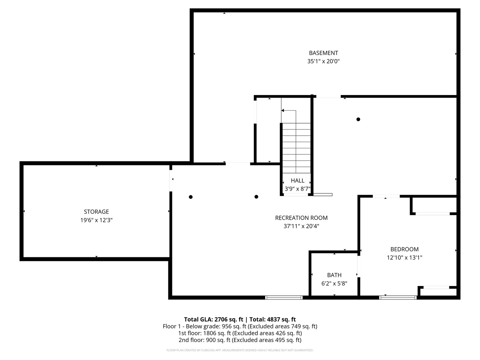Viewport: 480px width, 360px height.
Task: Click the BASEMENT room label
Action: tap(323, 53)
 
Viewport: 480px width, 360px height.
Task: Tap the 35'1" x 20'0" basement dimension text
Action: tap(323, 61)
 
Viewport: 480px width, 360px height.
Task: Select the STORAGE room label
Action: tap(96, 212)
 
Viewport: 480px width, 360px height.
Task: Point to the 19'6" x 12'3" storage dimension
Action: tap(96, 220)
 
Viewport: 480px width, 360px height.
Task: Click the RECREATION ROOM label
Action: tap(301, 218)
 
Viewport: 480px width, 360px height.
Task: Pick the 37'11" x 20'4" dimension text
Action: tap(301, 226)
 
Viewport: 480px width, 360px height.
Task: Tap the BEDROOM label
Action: tap(404, 249)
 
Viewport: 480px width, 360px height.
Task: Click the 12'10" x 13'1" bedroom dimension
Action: tap(404, 257)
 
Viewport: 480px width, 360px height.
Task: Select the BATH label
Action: tap(334, 275)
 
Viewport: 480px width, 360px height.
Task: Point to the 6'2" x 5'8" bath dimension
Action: tap(334, 283)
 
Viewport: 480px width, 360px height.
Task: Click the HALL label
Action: tap(297, 181)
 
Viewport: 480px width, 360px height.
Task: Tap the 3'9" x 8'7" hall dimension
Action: tap(297, 189)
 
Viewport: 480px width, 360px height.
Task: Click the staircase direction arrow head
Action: tap(283, 111)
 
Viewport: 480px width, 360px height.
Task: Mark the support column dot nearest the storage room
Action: tap(190, 197)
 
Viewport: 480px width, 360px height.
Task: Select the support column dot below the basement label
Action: tap(358, 119)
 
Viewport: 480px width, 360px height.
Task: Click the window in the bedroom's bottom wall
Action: tap(398, 297)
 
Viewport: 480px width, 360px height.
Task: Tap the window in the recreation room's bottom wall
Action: tap(284, 297)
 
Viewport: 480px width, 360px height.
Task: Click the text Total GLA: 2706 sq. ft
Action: tap(213, 320)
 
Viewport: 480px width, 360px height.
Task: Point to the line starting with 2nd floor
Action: tap(240, 340)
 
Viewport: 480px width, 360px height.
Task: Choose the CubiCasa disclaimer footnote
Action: tap(240, 350)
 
